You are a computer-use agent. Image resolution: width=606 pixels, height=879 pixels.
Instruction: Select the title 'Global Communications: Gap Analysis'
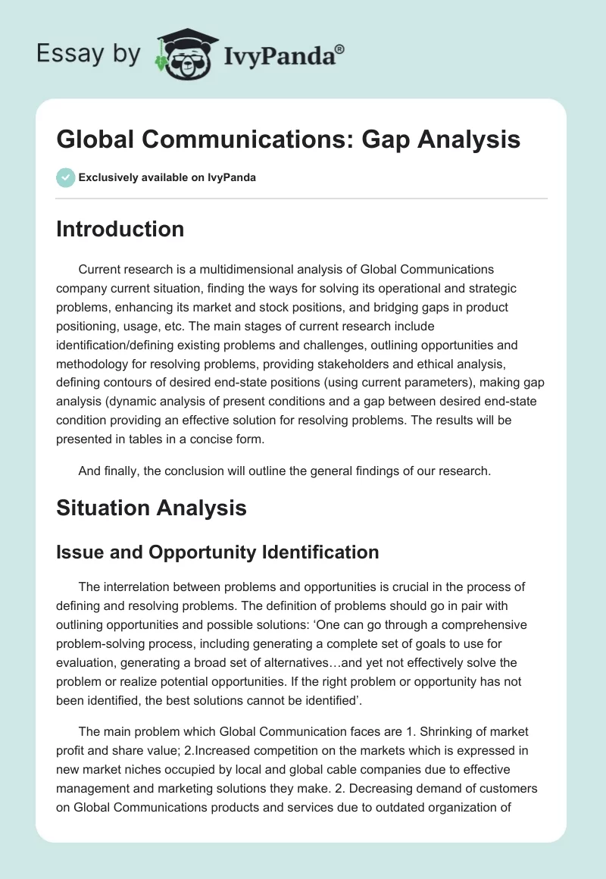pyautogui.click(x=288, y=139)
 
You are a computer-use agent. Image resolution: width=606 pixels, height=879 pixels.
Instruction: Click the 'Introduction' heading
pyautogui.click(x=120, y=229)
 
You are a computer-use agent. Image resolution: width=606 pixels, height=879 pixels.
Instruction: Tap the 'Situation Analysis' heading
pyautogui.click(x=151, y=507)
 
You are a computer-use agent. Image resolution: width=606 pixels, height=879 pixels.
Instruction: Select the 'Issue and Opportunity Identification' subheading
pyautogui.click(x=217, y=552)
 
